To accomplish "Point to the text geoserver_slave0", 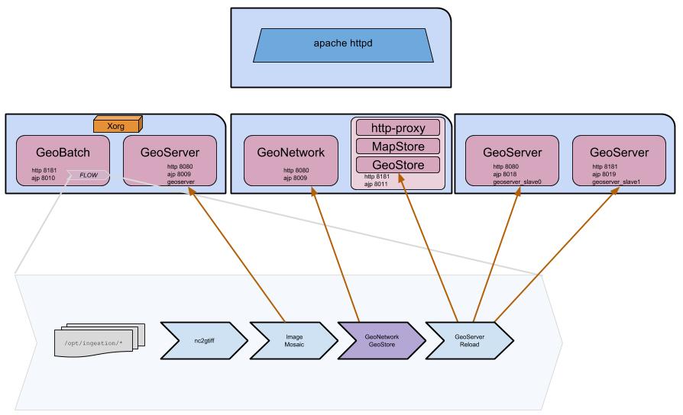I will coord(519,182).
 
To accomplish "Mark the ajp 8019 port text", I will coord(607,174).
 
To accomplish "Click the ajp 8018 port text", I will coord(508,174).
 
